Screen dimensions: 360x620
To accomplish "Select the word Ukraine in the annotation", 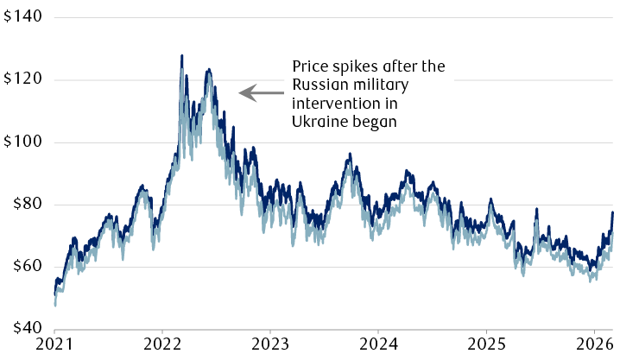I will (317, 123).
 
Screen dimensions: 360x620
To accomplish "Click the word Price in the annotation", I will (310, 66).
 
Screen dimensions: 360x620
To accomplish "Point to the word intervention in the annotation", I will (330, 104).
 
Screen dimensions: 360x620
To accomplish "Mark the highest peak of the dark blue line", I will (181, 56).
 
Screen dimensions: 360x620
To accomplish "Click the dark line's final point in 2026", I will (612, 212).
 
